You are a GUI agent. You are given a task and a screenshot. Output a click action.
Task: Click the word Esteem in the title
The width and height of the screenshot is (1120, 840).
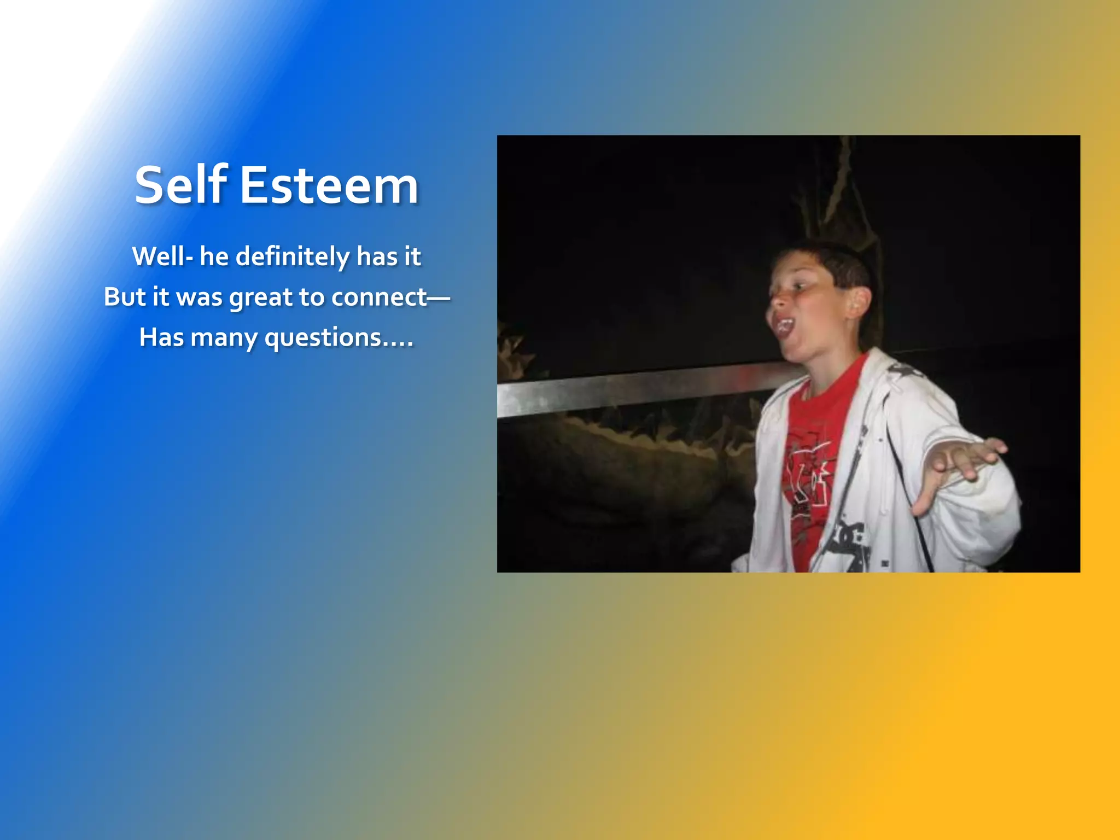329,186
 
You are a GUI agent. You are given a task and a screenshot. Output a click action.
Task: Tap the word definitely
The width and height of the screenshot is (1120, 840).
293,256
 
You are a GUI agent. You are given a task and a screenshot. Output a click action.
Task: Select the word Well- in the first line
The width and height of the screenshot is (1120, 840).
162,256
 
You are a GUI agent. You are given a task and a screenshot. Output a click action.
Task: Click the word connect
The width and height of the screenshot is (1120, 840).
378,297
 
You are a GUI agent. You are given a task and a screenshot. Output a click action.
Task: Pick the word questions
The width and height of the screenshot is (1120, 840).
323,337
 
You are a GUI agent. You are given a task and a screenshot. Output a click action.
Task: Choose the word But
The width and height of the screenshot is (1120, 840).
125,297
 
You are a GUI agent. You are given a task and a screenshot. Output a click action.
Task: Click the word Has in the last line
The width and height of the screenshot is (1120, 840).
161,337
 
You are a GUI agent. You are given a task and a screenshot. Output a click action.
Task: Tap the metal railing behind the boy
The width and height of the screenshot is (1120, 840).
629,387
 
